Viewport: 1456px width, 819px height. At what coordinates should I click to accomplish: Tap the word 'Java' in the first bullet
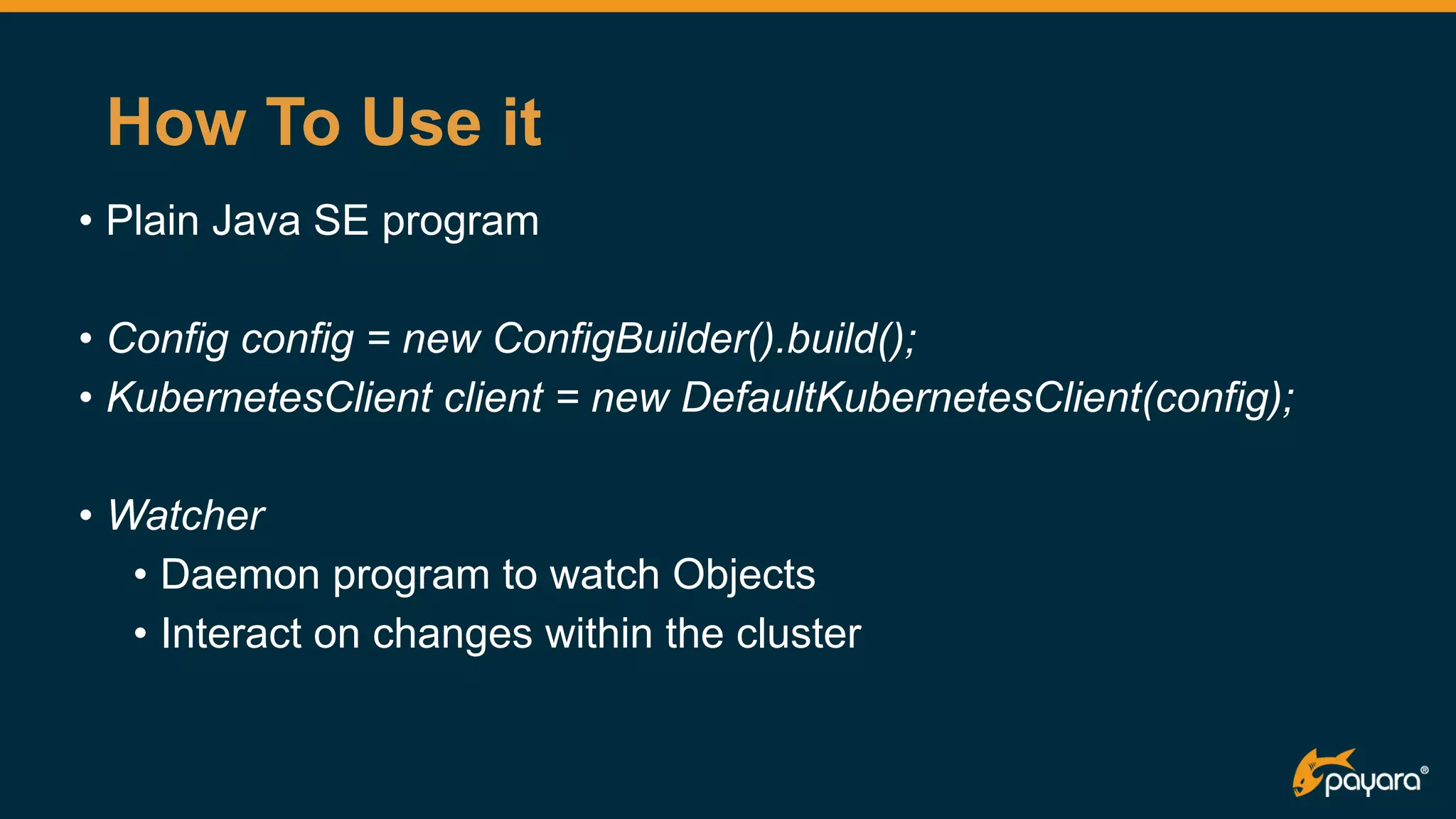(x=257, y=220)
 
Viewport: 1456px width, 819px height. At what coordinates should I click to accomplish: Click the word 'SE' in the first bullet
(x=341, y=220)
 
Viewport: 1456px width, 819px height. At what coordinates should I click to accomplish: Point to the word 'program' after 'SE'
(x=460, y=223)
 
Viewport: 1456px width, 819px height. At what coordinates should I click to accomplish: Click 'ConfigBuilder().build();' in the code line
(x=704, y=338)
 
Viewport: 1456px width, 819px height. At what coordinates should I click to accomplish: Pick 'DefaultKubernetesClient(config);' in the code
(x=987, y=397)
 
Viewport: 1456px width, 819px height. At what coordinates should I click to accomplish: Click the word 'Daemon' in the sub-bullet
(x=240, y=574)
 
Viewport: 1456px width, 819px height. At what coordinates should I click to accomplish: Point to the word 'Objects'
(x=744, y=576)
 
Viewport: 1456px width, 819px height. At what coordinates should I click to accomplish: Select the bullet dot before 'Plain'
(x=86, y=220)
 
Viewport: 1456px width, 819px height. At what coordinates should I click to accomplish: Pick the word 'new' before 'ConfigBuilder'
(x=441, y=338)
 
